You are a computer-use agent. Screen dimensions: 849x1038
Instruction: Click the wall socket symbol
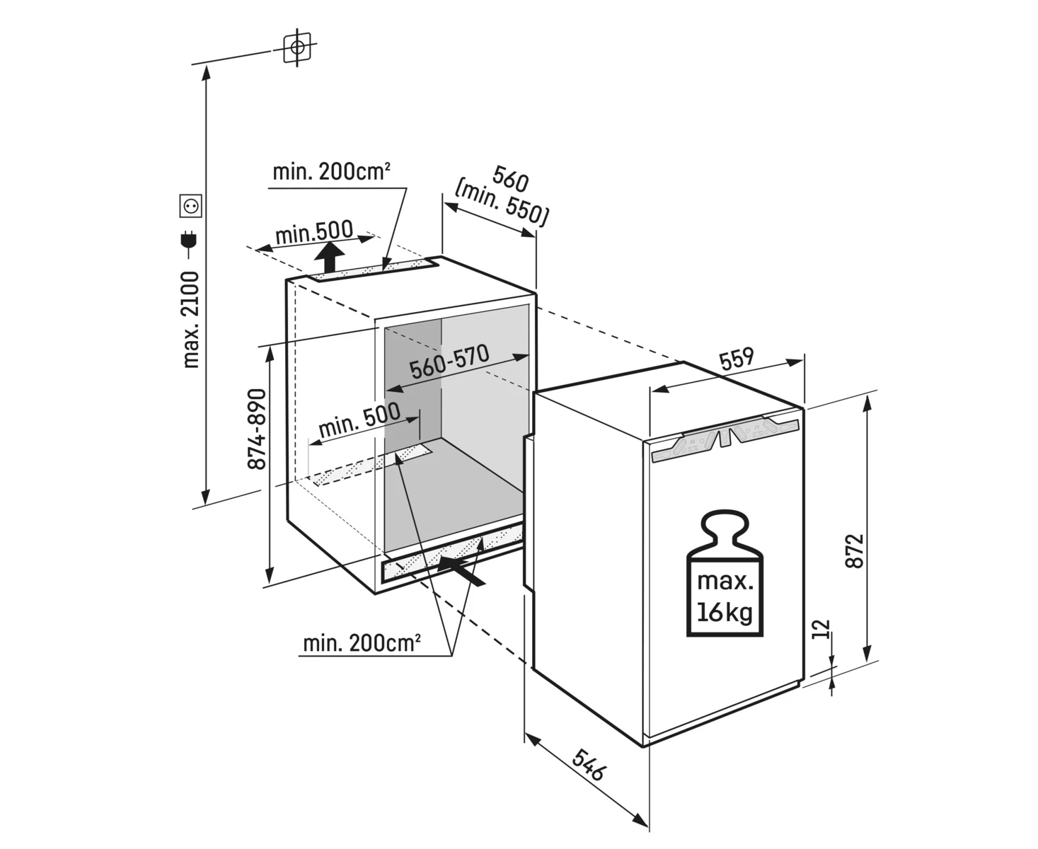click(191, 205)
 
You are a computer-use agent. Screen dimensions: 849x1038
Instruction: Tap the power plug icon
click(189, 242)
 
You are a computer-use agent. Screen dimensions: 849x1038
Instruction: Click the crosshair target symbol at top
click(297, 48)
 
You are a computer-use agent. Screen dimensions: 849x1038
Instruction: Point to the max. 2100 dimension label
click(191, 319)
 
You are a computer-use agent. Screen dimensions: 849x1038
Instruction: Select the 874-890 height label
click(257, 429)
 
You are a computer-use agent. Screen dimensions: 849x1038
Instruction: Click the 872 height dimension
click(855, 550)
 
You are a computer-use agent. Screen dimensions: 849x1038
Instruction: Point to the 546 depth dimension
click(589, 766)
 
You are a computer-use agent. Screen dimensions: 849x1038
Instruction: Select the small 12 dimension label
click(821, 629)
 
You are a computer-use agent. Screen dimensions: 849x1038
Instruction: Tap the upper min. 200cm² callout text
click(331, 172)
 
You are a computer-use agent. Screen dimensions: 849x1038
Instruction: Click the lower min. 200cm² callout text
click(362, 643)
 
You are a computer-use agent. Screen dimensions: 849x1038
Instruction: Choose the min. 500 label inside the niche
click(359, 420)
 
